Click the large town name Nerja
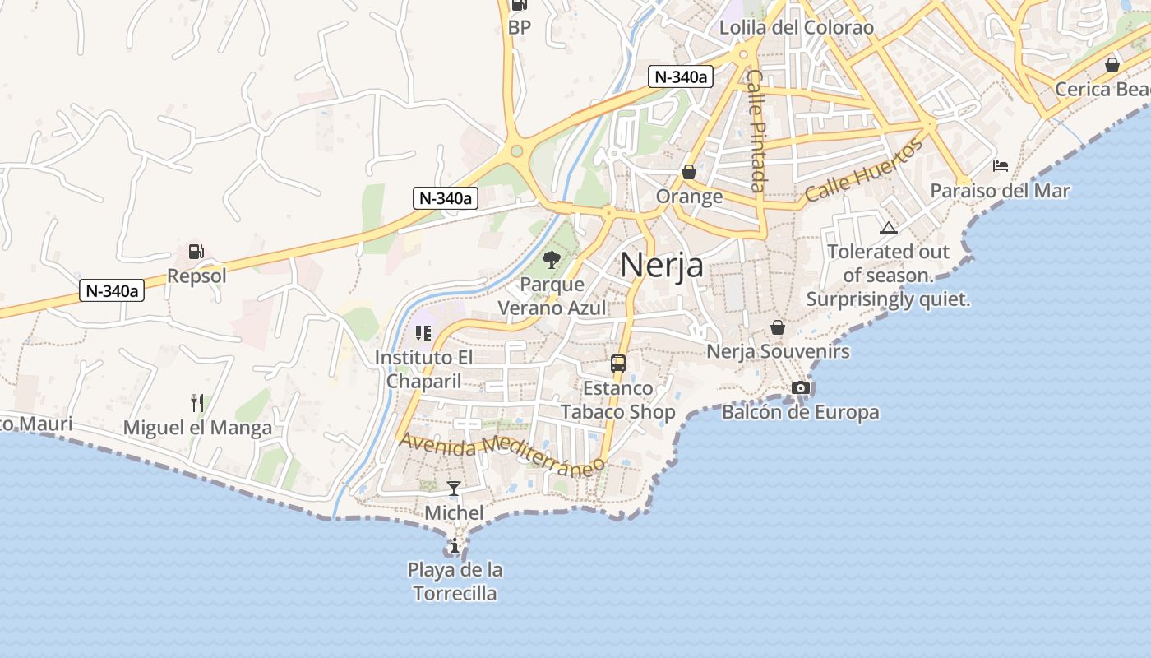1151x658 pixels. click(661, 265)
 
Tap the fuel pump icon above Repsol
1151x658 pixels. click(196, 252)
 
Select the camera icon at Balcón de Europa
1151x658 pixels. click(800, 387)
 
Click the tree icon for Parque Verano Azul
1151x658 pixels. click(552, 261)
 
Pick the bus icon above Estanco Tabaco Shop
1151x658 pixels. click(617, 363)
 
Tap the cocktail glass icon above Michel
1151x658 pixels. click(454, 489)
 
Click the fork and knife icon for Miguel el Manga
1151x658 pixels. click(196, 403)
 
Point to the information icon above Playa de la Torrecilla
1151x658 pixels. click(455, 545)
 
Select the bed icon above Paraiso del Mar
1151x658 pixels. click(1000, 166)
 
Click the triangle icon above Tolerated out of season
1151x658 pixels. click(888, 228)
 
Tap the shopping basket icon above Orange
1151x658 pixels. click(689, 172)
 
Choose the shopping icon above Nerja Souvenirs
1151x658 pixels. click(778, 327)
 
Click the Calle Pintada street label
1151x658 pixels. click(756, 129)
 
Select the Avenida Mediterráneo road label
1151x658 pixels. click(502, 454)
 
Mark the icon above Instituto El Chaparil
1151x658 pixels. click(423, 333)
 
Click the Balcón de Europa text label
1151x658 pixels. click(800, 411)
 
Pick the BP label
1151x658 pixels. click(520, 27)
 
